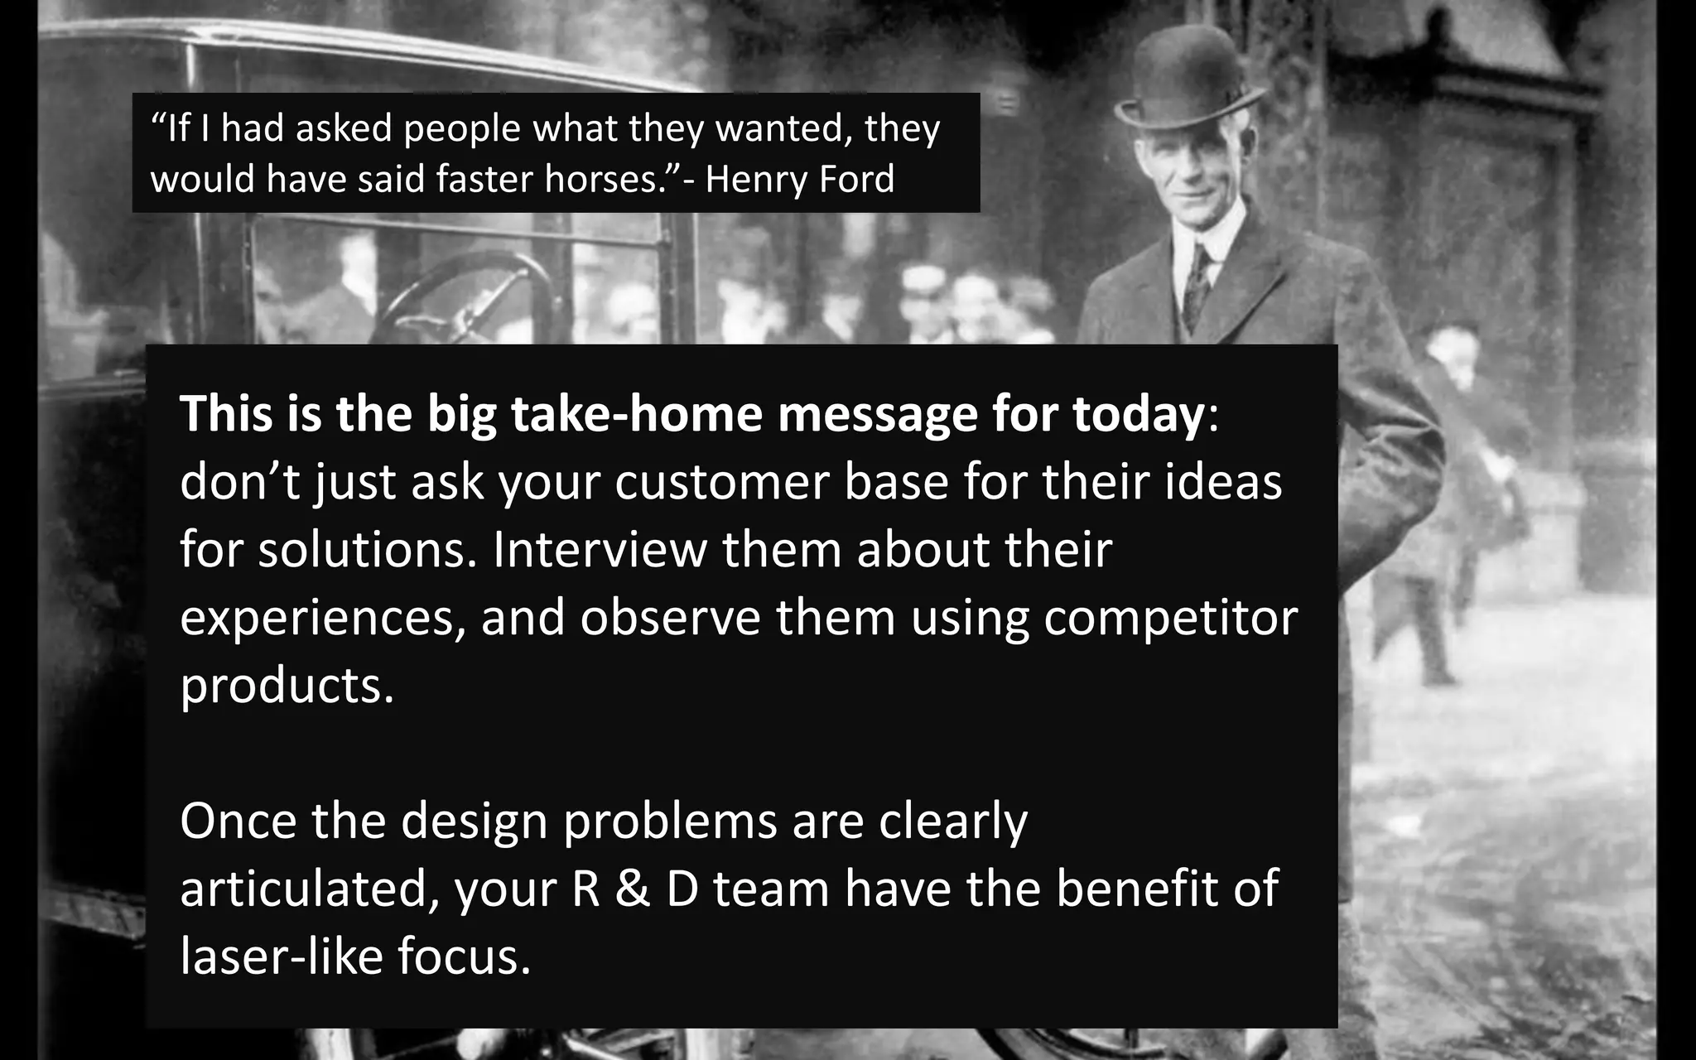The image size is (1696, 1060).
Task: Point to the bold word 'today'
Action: [x=1140, y=413]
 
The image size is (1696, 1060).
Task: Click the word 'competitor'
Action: [x=1170, y=618]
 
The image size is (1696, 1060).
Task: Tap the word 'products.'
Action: [x=287, y=686]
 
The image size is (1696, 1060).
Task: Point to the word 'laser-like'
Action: [x=281, y=956]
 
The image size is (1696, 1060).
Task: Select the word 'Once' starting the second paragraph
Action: [x=238, y=821]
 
